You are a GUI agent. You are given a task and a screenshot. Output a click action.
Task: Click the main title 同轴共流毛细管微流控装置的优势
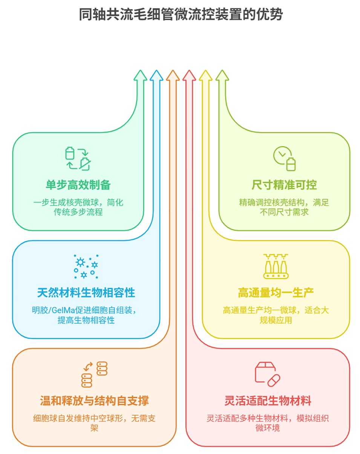point(180,15)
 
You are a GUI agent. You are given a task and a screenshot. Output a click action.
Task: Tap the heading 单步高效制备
point(78,185)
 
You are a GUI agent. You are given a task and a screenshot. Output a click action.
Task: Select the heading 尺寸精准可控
point(284,185)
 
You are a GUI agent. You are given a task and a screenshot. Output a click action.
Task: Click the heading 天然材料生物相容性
point(86,292)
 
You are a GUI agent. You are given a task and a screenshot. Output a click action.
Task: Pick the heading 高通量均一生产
point(276,292)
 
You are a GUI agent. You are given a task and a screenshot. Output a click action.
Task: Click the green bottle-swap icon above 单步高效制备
point(78,158)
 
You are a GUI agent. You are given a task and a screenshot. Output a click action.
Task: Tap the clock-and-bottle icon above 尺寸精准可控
point(284,158)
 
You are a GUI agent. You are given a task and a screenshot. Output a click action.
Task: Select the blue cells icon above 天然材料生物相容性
point(86,267)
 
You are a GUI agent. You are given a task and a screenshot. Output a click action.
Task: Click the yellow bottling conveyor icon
point(275,266)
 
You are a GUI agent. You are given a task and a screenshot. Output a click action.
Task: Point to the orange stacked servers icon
point(94,374)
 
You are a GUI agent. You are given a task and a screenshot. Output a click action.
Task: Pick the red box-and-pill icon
point(268,374)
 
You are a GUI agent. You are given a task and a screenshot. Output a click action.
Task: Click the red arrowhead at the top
point(189,75)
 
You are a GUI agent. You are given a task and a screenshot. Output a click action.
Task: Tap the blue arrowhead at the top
point(156,75)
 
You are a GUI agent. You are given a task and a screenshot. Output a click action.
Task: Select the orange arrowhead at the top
point(173,75)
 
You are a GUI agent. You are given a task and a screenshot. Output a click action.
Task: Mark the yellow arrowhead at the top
point(206,75)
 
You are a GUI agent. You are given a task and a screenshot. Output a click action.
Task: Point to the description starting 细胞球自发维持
point(94,423)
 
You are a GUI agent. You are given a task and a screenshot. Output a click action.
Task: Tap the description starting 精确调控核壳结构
point(284,207)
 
